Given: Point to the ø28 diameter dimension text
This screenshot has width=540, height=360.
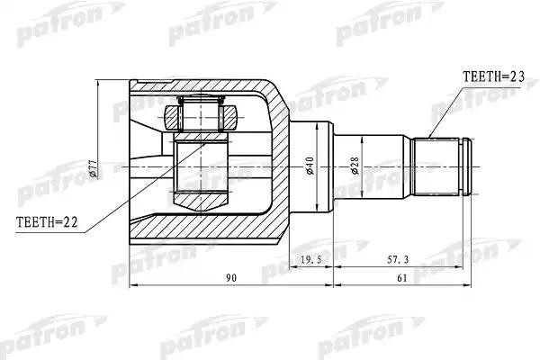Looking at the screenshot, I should coord(356,167).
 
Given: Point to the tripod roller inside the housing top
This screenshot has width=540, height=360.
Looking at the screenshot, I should coord(202,115).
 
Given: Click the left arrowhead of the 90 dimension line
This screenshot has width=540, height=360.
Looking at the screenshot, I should coord(135,287).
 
